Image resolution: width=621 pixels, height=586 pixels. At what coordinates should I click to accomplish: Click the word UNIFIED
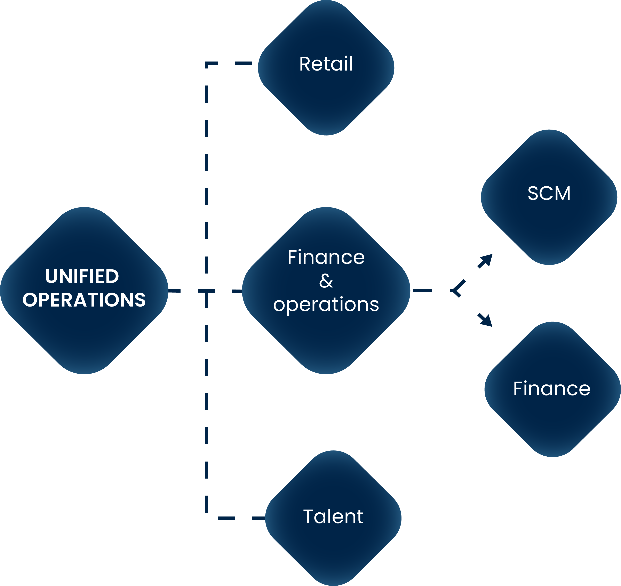point(82,276)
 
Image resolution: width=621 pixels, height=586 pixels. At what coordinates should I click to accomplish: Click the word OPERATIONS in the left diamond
point(84,300)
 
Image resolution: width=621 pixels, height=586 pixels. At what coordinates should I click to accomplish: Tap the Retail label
point(326,64)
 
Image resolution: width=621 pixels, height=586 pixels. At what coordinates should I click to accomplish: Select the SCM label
point(549,193)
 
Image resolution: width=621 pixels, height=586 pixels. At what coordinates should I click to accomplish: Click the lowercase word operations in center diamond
point(326,304)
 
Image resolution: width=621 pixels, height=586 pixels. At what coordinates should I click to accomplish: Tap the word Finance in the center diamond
point(326,257)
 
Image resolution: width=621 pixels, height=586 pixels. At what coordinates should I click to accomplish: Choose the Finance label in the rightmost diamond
point(552,389)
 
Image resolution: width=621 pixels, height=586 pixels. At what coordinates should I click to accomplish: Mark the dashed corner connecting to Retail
point(207,64)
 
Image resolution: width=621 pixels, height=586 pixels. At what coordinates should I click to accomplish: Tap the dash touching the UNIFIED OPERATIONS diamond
point(174,291)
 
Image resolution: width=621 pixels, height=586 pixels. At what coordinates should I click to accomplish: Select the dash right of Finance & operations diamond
point(422,291)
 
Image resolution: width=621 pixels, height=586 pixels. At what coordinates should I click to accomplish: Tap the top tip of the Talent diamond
point(333,451)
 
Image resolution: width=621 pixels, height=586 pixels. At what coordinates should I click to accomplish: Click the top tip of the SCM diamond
point(549,130)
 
